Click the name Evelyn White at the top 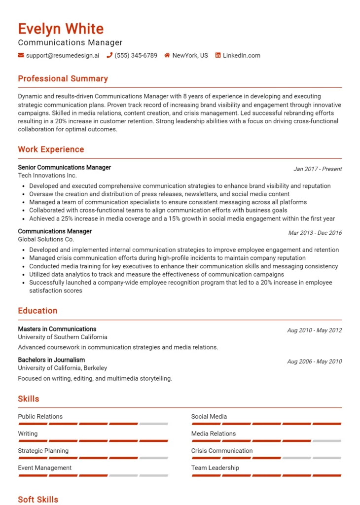(x=61, y=29)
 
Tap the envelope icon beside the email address (x=21, y=55)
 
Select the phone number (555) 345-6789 (x=136, y=55)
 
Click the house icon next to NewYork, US (x=167, y=55)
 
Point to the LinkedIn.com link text (x=241, y=55)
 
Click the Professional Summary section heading (x=63, y=79)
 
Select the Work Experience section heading (x=51, y=149)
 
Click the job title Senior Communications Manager (x=64, y=168)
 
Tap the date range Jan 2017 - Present (x=317, y=169)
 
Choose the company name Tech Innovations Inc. (x=47, y=176)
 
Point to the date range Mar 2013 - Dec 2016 (x=315, y=233)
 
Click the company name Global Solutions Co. (x=46, y=239)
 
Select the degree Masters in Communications (x=57, y=329)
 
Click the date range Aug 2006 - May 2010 (x=314, y=361)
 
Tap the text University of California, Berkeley (x=62, y=368)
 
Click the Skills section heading (x=29, y=398)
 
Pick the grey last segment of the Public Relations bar (x=153, y=424)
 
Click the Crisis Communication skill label (x=222, y=451)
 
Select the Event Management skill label (x=44, y=468)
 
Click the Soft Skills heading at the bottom (x=38, y=499)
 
